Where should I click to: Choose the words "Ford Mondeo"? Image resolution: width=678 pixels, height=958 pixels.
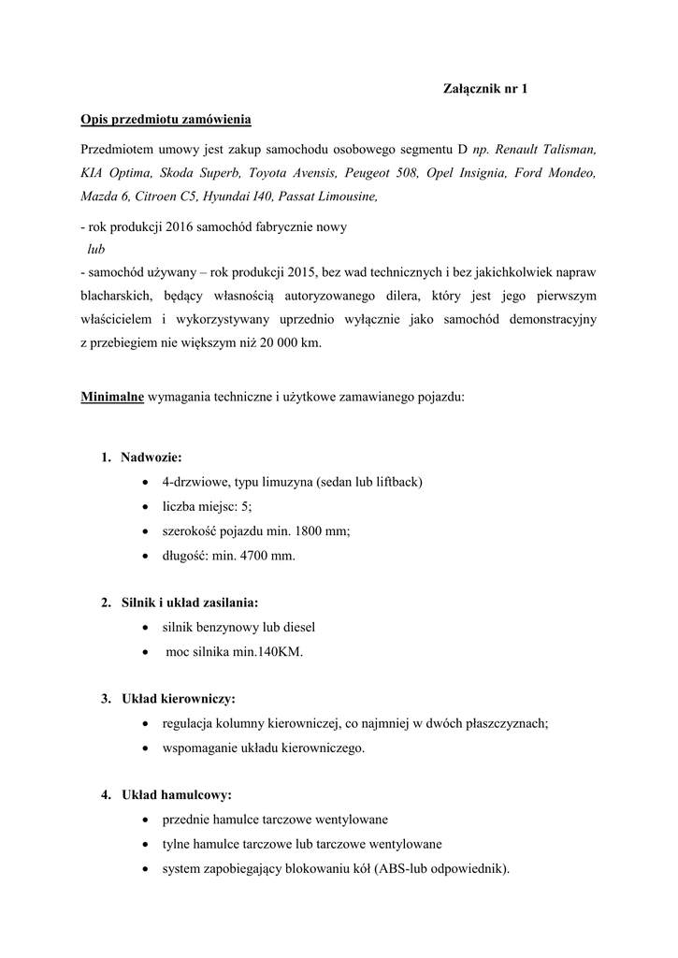click(556, 173)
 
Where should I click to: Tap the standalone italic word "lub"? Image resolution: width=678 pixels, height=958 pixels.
click(96, 250)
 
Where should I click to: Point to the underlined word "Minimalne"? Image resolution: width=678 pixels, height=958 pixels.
click(112, 396)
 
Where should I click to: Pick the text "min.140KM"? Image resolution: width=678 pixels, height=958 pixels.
click(269, 652)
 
